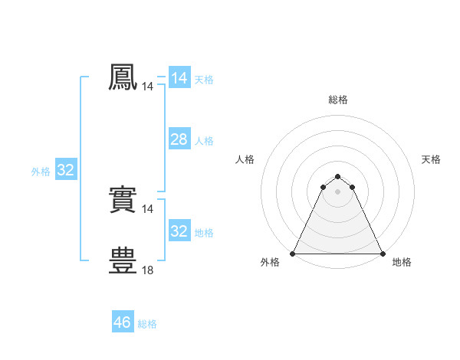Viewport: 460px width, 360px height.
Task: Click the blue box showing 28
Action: [179, 139]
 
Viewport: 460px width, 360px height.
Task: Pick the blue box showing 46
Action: [122, 322]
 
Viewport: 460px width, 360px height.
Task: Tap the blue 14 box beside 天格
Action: [179, 78]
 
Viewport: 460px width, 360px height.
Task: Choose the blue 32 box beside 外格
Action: [65, 170]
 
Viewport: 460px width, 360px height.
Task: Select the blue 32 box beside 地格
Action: [179, 231]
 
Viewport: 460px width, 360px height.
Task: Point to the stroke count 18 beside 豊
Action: [147, 270]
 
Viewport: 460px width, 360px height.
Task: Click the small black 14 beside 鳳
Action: [147, 87]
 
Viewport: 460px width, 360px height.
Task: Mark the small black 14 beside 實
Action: [147, 209]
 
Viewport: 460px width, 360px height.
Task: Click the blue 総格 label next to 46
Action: [147, 324]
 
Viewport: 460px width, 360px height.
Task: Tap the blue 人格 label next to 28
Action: [204, 141]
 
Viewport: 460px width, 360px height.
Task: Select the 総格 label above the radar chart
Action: [337, 100]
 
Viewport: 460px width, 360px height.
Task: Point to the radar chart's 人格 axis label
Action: [245, 159]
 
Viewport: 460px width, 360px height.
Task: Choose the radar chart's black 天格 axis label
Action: [431, 159]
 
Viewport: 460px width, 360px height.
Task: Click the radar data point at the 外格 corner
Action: [293, 254]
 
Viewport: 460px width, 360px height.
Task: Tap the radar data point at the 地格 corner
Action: [382, 254]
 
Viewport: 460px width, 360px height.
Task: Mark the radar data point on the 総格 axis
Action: [337, 177]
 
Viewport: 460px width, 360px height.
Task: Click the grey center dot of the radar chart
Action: [337, 191]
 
